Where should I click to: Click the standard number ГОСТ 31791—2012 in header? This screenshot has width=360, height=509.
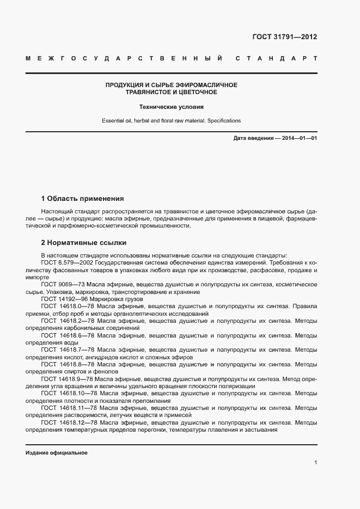(284, 38)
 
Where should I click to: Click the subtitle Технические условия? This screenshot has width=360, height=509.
(171, 107)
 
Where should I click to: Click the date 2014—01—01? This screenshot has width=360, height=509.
(298, 138)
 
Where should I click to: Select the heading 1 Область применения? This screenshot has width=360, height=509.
(83, 198)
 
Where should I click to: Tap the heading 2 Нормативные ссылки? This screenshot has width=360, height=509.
(84, 243)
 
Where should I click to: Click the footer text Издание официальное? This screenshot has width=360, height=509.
(56, 453)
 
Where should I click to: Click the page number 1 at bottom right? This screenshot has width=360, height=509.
(315, 462)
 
